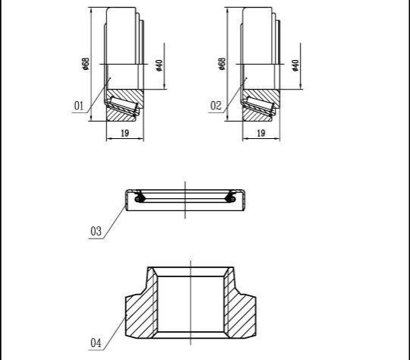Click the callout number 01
click(79, 106)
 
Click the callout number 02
click(216, 106)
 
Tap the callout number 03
click(96, 232)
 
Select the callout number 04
click(96, 343)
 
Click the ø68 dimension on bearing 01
click(86, 64)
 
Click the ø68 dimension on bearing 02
click(222, 64)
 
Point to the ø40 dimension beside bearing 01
click(159, 65)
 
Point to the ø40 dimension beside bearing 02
click(295, 65)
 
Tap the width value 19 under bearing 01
click(125, 133)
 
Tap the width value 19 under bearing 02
click(261, 133)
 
